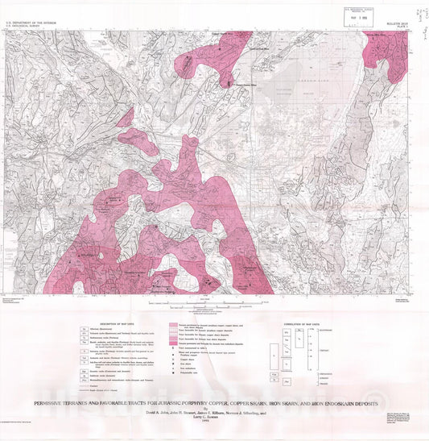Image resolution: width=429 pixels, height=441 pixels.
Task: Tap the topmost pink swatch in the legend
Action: point(172,325)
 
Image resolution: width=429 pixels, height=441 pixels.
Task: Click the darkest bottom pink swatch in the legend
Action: point(172,344)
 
